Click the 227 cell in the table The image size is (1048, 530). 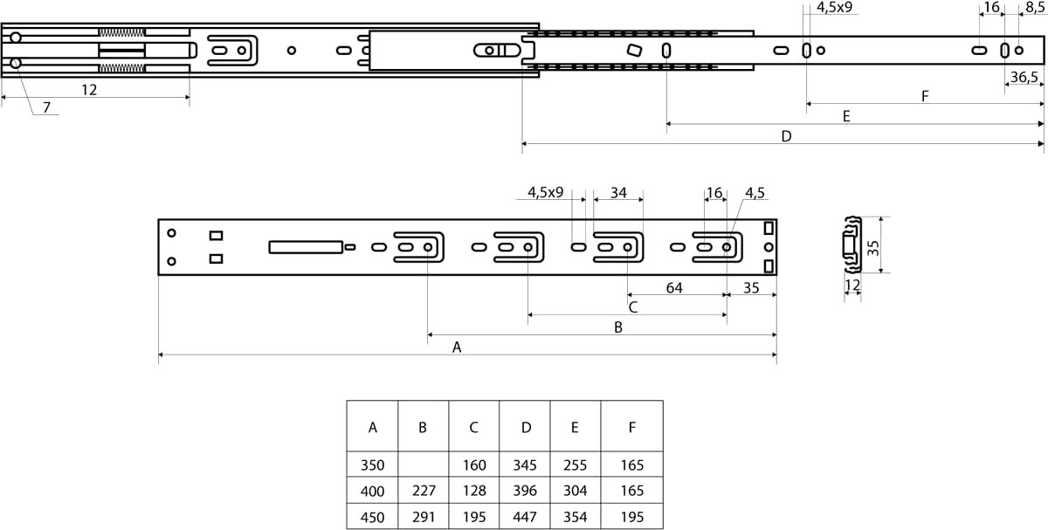(x=424, y=490)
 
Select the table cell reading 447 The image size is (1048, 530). (x=525, y=516)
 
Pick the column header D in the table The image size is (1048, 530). (x=526, y=427)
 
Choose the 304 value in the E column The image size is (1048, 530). (x=575, y=490)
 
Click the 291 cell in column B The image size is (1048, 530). (x=424, y=516)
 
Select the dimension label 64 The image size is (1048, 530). (x=673, y=287)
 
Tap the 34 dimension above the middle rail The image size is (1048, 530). (x=618, y=192)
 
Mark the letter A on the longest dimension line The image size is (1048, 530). (x=457, y=348)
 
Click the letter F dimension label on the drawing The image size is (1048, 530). (x=925, y=96)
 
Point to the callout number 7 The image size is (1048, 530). (x=46, y=107)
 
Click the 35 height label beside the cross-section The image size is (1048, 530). (x=872, y=247)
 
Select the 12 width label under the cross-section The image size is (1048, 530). (x=852, y=285)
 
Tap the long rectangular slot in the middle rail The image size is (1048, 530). (x=306, y=247)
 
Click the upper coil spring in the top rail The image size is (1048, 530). (x=121, y=32)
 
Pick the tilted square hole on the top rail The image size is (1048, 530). (x=634, y=50)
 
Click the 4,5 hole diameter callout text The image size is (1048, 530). (x=755, y=192)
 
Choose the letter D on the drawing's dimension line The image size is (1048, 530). (x=786, y=136)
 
